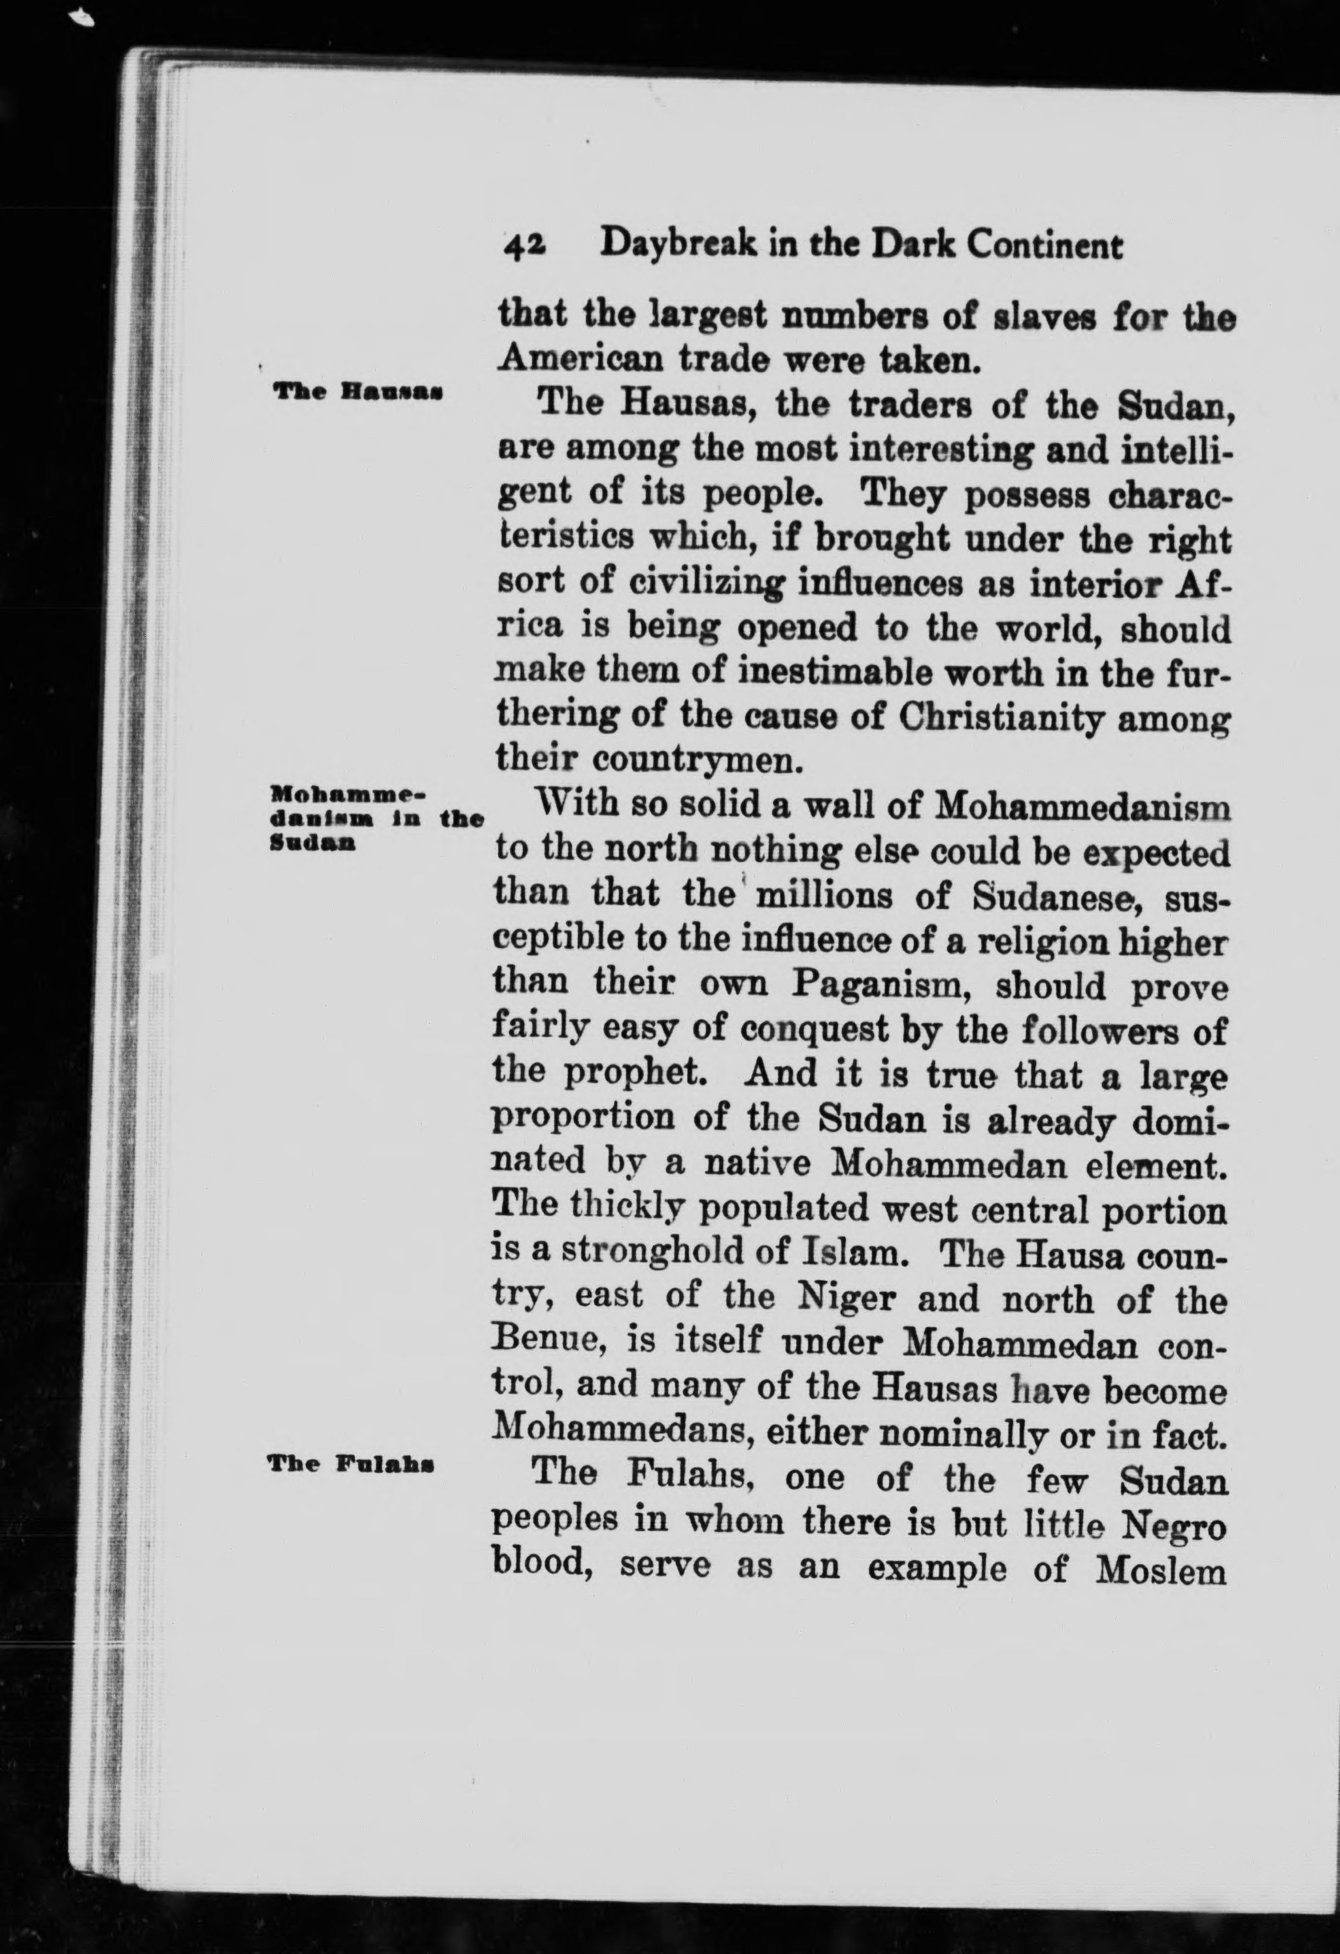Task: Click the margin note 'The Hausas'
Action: (357, 392)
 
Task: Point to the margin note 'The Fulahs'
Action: (351, 1465)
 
